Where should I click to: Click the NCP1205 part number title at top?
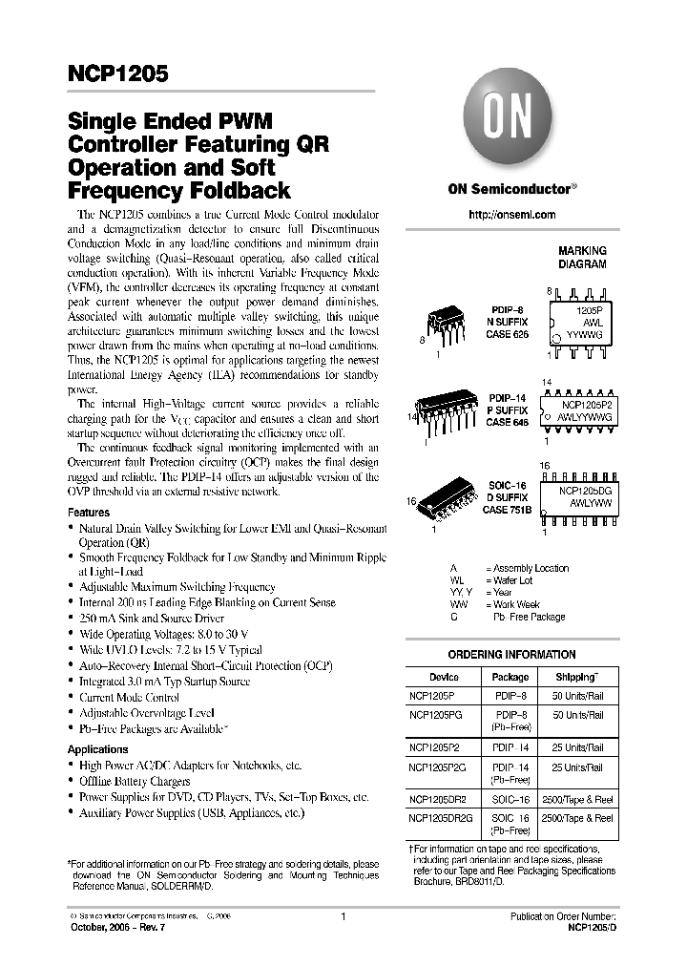tap(118, 73)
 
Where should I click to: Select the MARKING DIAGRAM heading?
tap(582, 258)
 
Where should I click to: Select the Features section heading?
tap(88, 513)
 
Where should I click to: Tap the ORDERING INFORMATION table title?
tap(512, 655)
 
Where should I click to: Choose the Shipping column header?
tap(578, 676)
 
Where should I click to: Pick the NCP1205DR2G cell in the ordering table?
tap(445, 818)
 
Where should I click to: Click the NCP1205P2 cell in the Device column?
tap(435, 747)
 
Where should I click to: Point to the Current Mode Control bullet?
tap(129, 697)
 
